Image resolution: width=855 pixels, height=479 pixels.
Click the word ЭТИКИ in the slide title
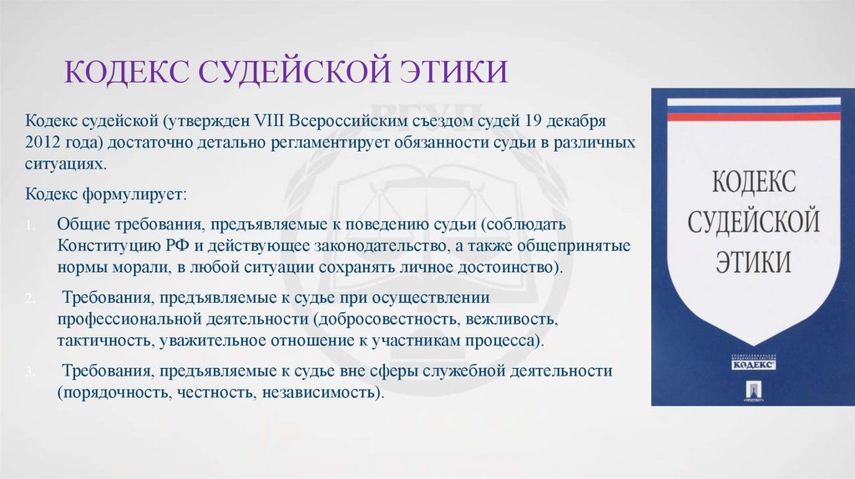coord(448,71)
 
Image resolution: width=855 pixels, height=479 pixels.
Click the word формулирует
coord(135,194)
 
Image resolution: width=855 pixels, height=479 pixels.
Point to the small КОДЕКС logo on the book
coord(754,364)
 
